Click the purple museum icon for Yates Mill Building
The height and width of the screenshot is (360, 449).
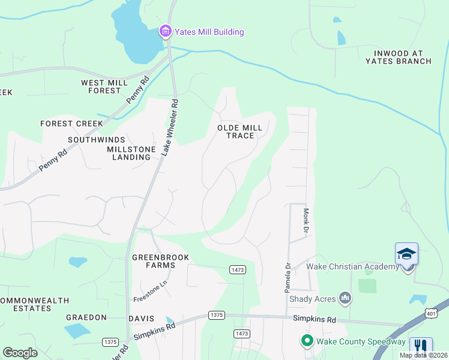(x=164, y=31)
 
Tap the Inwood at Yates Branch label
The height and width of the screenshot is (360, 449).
(x=398, y=57)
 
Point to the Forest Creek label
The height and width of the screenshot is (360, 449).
(x=72, y=124)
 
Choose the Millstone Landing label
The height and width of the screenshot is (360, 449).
(x=131, y=153)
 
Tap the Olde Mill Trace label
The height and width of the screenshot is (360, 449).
(x=240, y=131)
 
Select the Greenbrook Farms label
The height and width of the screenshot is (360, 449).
(x=161, y=261)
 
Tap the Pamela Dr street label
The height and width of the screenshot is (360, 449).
(x=288, y=277)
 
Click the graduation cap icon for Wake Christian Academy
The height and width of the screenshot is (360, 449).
(x=406, y=254)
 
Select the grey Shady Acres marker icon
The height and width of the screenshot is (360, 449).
(x=345, y=298)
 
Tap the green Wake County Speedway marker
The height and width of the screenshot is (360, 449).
(x=307, y=341)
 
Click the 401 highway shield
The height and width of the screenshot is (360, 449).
(x=430, y=313)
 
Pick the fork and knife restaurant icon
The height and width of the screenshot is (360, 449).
(x=421, y=347)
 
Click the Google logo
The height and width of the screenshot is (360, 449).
(x=20, y=353)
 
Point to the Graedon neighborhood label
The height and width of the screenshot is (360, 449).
(x=86, y=317)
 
